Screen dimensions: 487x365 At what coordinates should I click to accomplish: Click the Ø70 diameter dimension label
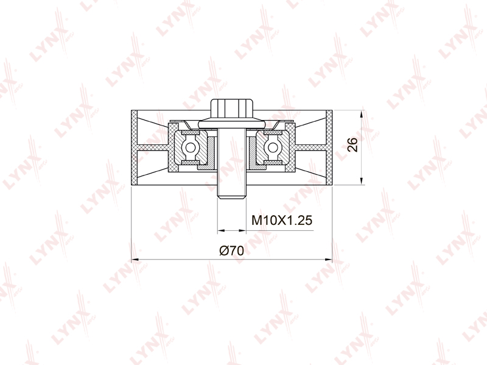coord(232,250)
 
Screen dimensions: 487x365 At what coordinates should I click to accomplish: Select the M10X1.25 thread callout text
coord(282,221)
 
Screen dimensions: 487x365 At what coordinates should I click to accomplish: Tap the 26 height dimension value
coord(353,144)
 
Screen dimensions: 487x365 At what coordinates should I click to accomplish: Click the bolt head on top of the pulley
coord(232,108)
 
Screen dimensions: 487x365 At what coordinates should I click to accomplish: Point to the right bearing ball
coord(273,147)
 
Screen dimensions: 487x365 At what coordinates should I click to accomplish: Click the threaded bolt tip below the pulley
coord(232,192)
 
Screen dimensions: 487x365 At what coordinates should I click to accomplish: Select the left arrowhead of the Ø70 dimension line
coord(135,260)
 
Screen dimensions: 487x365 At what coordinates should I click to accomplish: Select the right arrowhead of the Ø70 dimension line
coord(328,260)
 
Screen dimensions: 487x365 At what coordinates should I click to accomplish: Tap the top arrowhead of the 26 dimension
coord(361,114)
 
